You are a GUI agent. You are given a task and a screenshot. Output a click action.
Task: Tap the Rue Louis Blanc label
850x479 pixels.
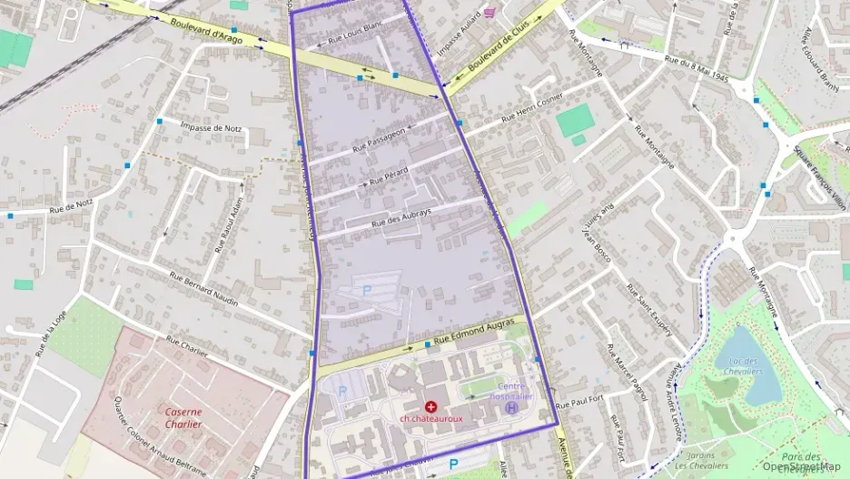coord(346,34)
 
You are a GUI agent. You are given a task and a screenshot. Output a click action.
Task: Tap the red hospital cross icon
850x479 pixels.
coord(430,406)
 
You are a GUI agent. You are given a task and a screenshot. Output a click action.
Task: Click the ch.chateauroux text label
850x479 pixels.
coord(430,419)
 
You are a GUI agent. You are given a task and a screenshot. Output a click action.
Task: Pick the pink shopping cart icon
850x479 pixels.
coord(490,13)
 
